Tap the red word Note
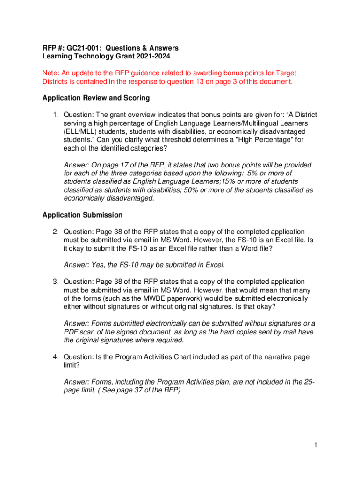pos(51,73)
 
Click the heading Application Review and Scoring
pos(96,98)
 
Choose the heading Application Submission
pos(82,215)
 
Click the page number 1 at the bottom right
pos(316,445)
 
